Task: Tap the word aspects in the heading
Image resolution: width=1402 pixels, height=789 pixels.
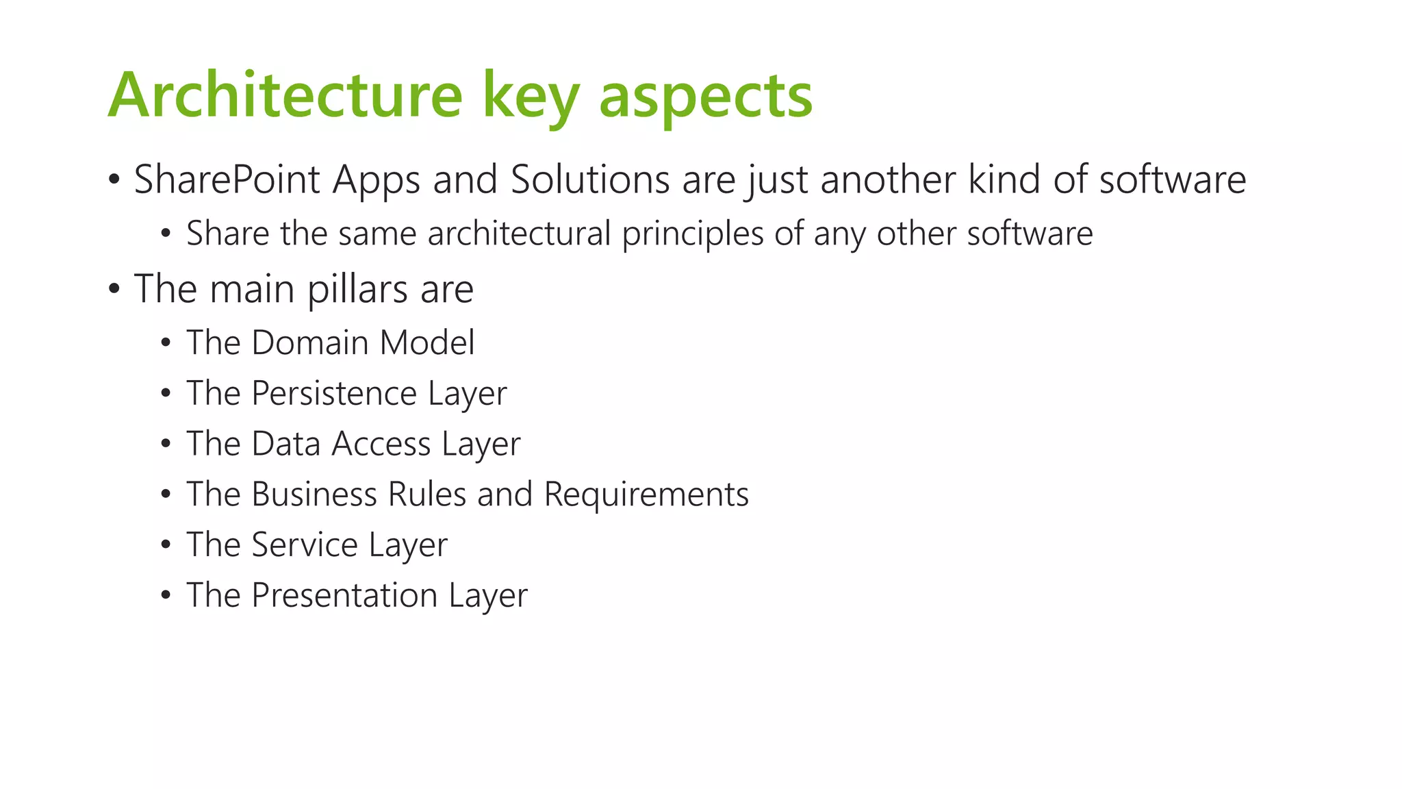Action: tap(706, 97)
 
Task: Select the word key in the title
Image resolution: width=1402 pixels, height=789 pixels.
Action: tap(531, 97)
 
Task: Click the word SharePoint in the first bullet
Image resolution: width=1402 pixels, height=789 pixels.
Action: tap(227, 180)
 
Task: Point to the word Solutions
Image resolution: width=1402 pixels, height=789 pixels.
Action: tap(590, 180)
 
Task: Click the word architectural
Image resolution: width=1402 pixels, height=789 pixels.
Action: tap(519, 234)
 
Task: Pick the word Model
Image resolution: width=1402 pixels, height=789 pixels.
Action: tap(427, 342)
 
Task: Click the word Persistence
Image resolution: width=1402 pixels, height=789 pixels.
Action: tap(334, 393)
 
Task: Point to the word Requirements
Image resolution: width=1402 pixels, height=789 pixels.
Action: tap(646, 494)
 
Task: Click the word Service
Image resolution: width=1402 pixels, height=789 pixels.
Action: tap(305, 545)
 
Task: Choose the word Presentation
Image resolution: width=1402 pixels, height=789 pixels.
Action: tap(344, 595)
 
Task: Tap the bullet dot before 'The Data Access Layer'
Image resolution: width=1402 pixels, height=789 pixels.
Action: tap(166, 444)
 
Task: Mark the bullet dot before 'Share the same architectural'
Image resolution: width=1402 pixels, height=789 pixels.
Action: tap(166, 234)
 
